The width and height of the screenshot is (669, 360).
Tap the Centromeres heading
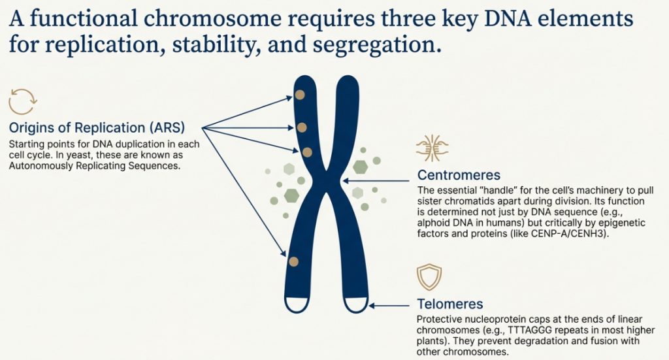click(x=459, y=175)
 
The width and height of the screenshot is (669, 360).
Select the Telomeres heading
click(x=450, y=304)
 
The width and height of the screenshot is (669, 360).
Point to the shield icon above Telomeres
click(x=429, y=278)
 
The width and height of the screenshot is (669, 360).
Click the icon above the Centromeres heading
click(x=431, y=148)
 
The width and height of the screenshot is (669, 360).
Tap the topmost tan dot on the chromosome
click(x=299, y=95)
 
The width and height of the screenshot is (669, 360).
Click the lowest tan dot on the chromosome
click(x=293, y=262)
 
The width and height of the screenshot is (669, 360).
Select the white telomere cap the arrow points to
click(x=356, y=304)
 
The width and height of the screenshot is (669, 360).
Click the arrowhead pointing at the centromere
click(x=347, y=180)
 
